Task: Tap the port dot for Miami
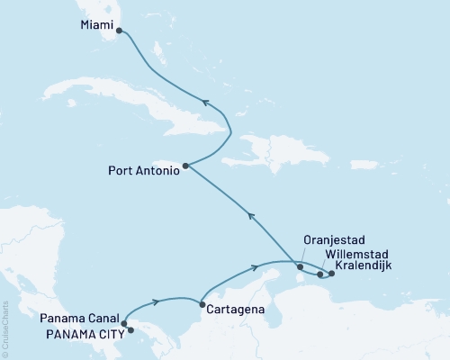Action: tap(120, 30)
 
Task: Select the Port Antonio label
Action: tap(143, 166)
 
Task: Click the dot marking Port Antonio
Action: tap(185, 166)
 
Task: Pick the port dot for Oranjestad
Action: tap(300, 265)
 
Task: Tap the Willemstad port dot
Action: tap(320, 274)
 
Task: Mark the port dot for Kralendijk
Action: tap(332, 273)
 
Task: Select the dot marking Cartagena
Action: tap(202, 304)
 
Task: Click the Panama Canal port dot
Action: tap(124, 323)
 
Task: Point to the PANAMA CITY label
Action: tap(79, 331)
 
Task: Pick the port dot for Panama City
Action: tap(131, 330)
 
